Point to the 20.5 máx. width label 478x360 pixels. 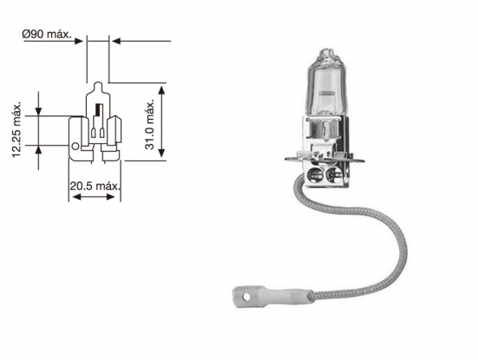[95, 185]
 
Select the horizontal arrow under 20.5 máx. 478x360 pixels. [95, 197]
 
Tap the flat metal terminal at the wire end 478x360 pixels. [251, 298]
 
